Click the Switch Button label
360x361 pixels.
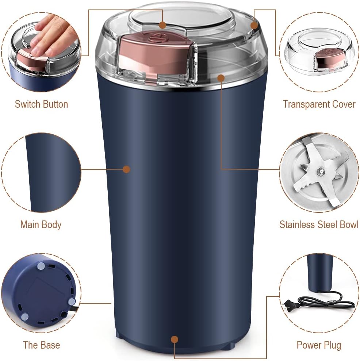[x=41, y=104]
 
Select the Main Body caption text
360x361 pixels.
[x=41, y=224]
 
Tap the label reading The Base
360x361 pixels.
[x=41, y=345]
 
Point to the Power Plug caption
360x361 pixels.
[x=319, y=345]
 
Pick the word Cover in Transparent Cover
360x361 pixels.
[x=341, y=104]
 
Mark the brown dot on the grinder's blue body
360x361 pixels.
[x=126, y=169]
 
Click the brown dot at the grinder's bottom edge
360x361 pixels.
[x=175, y=339]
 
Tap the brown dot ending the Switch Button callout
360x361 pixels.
[x=162, y=25]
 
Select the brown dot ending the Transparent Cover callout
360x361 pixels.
[x=254, y=26]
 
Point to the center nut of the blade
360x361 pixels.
[x=320, y=170]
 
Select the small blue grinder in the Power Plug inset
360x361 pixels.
[x=319, y=272]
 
